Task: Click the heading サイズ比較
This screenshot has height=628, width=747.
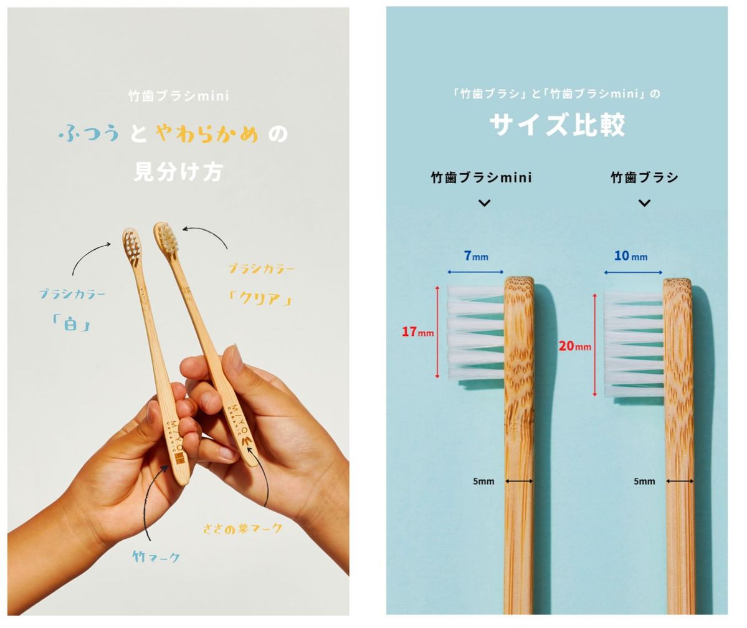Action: pyautogui.click(x=557, y=125)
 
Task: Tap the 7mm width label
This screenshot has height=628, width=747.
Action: pyautogui.click(x=476, y=256)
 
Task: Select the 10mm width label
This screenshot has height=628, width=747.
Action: pyautogui.click(x=630, y=256)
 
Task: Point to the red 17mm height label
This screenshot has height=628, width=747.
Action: pyautogui.click(x=417, y=332)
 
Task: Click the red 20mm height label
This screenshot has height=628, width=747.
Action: pyautogui.click(x=574, y=346)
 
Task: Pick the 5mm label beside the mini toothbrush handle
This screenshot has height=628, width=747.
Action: pyautogui.click(x=483, y=481)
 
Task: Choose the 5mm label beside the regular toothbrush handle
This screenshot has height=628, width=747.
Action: pyautogui.click(x=644, y=481)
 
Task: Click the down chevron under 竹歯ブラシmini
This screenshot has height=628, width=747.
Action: pyautogui.click(x=484, y=203)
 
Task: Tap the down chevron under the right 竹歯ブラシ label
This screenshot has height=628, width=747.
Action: pyautogui.click(x=645, y=203)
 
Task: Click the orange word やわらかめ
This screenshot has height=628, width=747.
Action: pyautogui.click(x=207, y=133)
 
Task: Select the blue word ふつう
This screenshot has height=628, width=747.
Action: pyautogui.click(x=91, y=133)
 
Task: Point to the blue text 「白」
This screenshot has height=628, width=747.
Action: pyautogui.click(x=70, y=323)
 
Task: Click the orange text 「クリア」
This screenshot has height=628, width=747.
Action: pyautogui.click(x=260, y=299)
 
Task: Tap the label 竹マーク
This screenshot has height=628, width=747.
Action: pyautogui.click(x=156, y=557)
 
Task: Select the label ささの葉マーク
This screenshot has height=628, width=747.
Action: pyautogui.click(x=242, y=529)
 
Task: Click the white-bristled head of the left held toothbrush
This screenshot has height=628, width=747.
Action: pyautogui.click(x=131, y=243)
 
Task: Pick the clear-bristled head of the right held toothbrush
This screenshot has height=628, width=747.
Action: pyautogui.click(x=167, y=236)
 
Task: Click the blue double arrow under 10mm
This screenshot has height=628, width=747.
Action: pyautogui.click(x=633, y=272)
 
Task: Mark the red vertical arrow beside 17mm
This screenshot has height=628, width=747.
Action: pyautogui.click(x=437, y=332)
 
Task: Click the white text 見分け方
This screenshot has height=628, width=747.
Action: pyautogui.click(x=178, y=171)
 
